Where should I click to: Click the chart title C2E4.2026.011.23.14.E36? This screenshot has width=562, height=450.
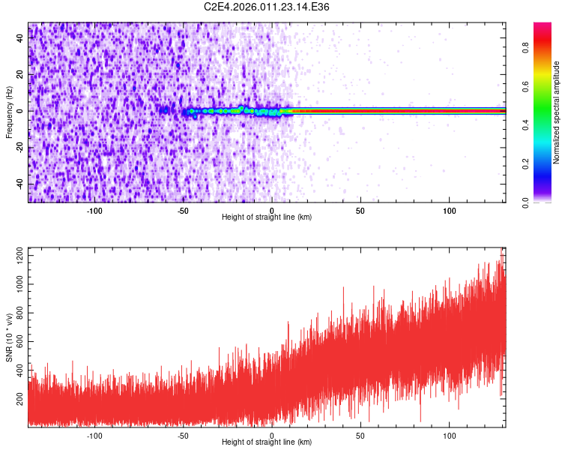point(268,7)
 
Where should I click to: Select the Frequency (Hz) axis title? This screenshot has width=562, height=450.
point(9,111)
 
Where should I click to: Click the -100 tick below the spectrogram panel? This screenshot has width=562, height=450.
point(94,211)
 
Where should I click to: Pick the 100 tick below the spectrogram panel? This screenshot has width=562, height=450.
point(450,211)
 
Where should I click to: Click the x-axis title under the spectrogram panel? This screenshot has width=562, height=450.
point(267,217)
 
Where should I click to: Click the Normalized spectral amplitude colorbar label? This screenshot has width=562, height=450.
point(556,112)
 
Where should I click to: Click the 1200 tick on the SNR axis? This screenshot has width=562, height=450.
point(16,256)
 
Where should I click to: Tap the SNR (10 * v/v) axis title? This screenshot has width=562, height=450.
point(9,337)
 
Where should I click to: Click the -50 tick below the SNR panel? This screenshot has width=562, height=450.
point(183,436)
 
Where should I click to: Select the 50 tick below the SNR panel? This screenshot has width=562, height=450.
point(360,436)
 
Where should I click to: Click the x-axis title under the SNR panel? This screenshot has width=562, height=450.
point(267,442)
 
